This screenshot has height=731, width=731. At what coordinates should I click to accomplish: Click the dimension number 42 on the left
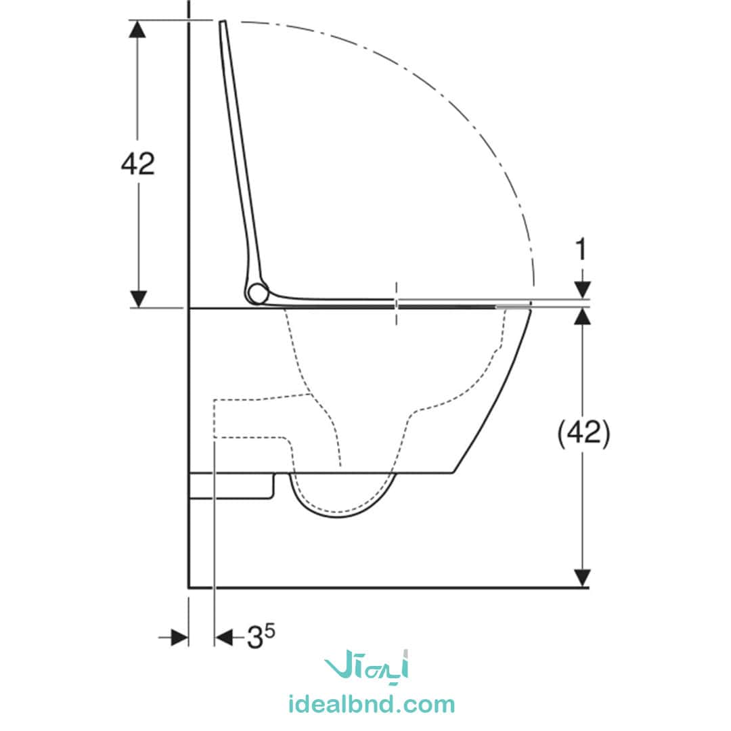click(x=137, y=164)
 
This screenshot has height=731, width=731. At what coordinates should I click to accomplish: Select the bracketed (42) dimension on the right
click(x=583, y=434)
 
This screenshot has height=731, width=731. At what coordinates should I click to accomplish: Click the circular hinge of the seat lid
click(x=258, y=293)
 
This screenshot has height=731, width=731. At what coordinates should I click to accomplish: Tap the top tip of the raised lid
click(x=223, y=22)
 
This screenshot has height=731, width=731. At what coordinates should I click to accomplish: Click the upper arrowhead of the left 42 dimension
click(x=137, y=29)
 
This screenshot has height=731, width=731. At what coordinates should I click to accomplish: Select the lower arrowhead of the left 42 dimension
click(x=138, y=299)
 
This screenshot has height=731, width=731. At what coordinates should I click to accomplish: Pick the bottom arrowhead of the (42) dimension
click(x=582, y=578)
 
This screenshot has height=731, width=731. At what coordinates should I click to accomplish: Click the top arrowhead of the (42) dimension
click(x=582, y=317)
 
